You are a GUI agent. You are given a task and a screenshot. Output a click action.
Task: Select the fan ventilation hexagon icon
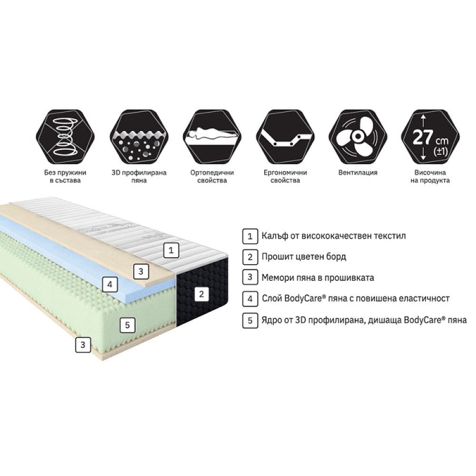click(357, 136)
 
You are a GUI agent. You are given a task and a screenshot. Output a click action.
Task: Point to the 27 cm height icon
click(430, 136)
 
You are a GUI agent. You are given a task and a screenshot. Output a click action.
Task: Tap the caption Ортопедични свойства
click(211, 176)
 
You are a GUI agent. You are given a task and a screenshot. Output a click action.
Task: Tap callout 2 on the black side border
click(201, 294)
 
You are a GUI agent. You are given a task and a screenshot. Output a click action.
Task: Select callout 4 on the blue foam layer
click(110, 285)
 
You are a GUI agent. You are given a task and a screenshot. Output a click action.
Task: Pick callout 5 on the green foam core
click(126, 326)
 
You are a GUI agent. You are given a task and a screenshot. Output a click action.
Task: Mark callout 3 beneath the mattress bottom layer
click(83, 345)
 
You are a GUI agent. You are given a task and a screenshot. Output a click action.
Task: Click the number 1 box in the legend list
click(249, 236)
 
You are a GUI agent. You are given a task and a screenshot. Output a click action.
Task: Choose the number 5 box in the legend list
click(249, 320)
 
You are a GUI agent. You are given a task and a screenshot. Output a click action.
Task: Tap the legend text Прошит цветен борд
click(304, 257)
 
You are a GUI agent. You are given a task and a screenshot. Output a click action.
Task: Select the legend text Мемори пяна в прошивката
click(317, 278)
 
